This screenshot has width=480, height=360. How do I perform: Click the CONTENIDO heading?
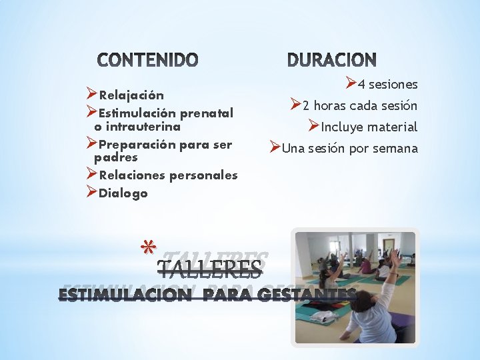coord(148,61)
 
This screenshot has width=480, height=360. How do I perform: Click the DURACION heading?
coord(332,61)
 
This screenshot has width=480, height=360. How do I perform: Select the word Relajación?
coord(131,95)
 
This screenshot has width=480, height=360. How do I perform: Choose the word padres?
coord(116,157)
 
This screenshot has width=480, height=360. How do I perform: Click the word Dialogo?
coord(123,193)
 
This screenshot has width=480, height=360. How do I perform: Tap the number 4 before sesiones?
coord(361,85)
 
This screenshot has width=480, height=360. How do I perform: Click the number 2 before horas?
coord(306,105)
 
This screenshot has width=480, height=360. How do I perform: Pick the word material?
coord(393,127)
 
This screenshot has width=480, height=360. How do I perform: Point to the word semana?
coord(394,148)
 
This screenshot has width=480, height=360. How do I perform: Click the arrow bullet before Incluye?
coord(314,125)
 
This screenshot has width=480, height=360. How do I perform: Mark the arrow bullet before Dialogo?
coord(92,192)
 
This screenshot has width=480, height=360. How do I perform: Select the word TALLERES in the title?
coord(209,269)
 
